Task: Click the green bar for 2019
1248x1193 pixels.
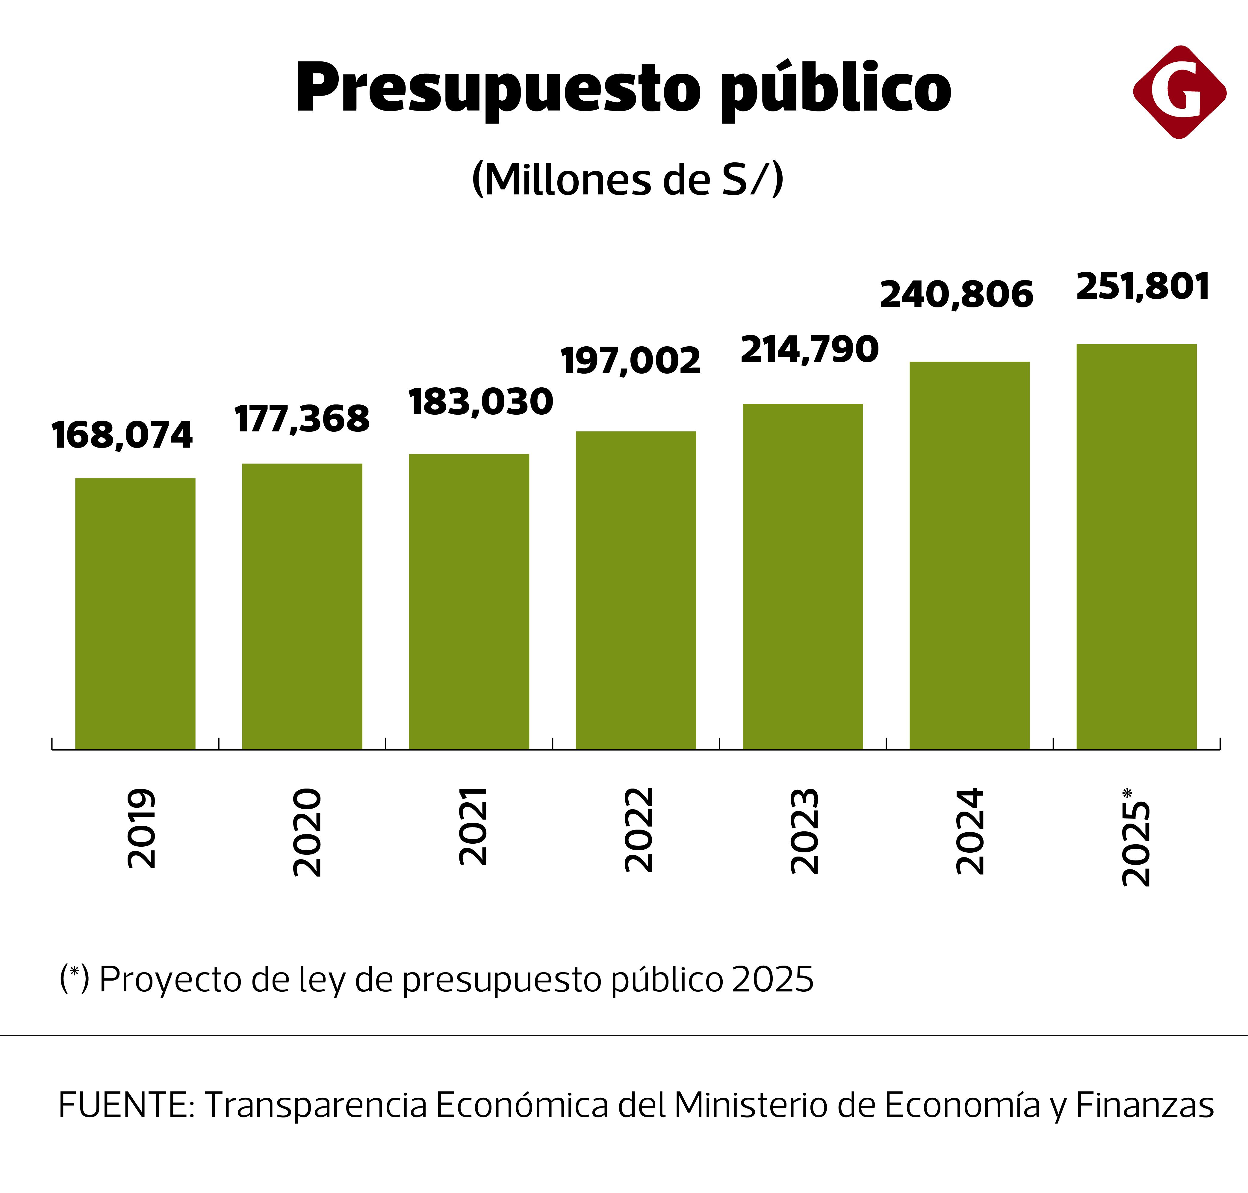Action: [135, 614]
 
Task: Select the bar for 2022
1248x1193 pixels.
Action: [636, 590]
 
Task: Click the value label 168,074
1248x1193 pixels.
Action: [122, 436]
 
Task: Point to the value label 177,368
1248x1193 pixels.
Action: [302, 419]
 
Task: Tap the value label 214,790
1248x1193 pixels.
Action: [809, 350]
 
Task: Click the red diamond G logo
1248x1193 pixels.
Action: [1179, 92]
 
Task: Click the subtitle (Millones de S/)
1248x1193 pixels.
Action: [627, 180]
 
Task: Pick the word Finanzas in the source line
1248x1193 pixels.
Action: [1144, 1105]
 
